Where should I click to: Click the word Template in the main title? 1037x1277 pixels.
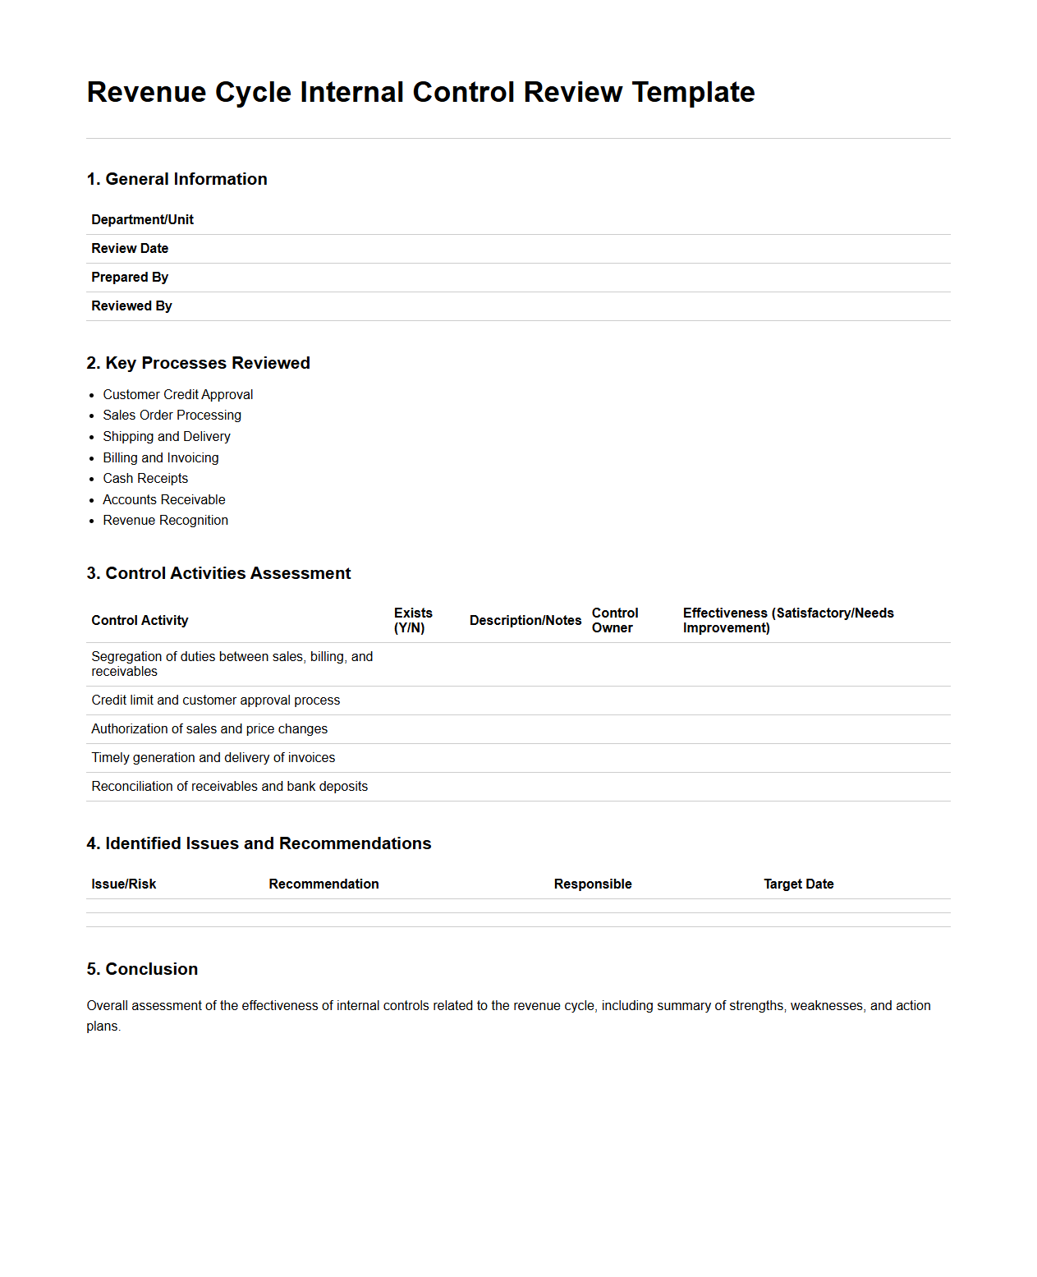coord(693,92)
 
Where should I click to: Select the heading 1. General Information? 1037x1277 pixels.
coord(177,179)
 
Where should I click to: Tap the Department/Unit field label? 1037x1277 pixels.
coord(142,219)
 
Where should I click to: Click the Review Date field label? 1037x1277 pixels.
coord(130,248)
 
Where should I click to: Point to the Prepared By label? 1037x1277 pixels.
coord(130,277)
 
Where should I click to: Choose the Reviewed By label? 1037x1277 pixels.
coord(131,305)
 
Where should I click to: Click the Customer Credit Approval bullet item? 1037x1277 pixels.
coord(177,394)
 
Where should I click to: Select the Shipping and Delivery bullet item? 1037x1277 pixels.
coord(166,436)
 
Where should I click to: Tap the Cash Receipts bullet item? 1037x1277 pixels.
coord(145,478)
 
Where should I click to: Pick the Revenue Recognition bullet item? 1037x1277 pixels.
coord(165,520)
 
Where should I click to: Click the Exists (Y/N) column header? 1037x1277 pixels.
coord(412,620)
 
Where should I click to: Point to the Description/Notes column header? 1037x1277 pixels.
coord(525,620)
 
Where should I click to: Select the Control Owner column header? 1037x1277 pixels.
coord(614,620)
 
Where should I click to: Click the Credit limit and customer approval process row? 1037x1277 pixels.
coord(215,700)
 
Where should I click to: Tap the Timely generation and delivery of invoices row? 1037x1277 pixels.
coord(213,757)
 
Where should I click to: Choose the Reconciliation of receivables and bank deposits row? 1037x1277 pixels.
coord(229,786)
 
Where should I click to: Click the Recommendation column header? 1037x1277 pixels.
coord(323,884)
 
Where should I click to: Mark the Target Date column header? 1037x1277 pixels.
coord(798,884)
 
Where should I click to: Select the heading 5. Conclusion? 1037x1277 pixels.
coord(142,969)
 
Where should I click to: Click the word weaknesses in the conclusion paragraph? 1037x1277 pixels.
coord(827,1005)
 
